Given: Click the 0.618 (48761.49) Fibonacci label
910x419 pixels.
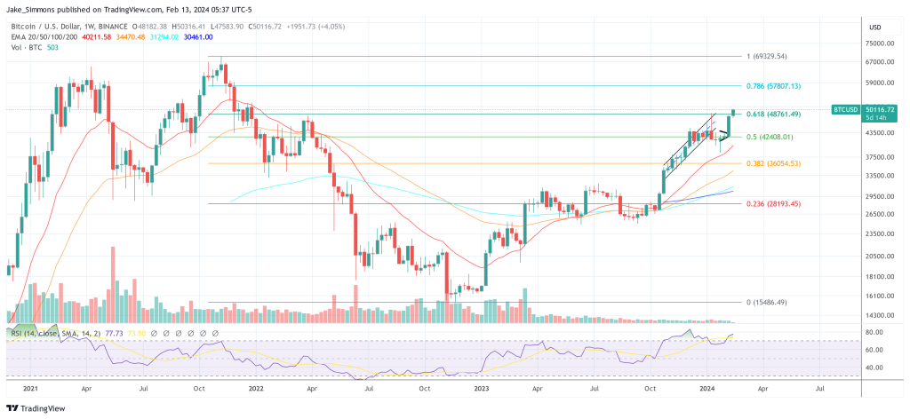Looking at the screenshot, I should coord(773,115).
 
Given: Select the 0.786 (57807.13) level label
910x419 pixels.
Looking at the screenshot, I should coord(773,86).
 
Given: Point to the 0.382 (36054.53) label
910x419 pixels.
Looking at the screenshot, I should coord(773,163).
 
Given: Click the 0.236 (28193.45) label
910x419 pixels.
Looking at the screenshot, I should coord(773,203).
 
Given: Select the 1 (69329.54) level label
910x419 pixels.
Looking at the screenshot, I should coord(769,56).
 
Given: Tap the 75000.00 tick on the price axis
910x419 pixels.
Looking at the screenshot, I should coord(879,43).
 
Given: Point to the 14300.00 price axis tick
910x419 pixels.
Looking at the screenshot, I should coord(879,316).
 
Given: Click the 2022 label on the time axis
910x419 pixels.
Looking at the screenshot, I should coord(254,388).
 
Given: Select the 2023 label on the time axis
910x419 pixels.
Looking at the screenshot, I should coord(481,388).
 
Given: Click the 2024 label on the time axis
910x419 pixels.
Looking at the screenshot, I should coord(708,388).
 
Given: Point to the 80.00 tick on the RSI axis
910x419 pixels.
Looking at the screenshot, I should coord(874,332).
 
